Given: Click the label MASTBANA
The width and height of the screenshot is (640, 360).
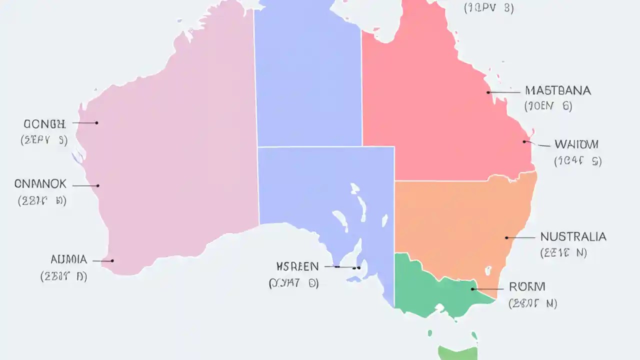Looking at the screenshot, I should tap(558, 91).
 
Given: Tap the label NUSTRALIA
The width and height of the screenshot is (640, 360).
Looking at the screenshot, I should tap(573, 237).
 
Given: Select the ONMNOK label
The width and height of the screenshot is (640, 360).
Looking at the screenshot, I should tap(40, 184).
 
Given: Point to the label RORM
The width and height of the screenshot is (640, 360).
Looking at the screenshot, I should tap(526, 287).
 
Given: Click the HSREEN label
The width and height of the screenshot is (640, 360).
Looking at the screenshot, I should tap(297, 266).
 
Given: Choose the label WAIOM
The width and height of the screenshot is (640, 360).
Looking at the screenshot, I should tap(576, 145).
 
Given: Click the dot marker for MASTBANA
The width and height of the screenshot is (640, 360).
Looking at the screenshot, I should tap(488, 92).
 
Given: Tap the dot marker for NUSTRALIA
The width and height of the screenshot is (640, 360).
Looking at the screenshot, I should tap(506, 238).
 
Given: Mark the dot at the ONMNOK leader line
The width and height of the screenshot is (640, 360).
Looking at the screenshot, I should tap(98, 186).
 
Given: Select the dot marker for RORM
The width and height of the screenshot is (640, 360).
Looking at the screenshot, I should tap(472, 289).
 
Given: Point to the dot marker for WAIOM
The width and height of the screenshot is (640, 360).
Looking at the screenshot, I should tap(524, 141).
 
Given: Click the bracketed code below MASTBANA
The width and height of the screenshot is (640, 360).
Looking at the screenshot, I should tap(548, 106).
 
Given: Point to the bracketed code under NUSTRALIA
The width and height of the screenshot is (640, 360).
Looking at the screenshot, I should tap(563, 253).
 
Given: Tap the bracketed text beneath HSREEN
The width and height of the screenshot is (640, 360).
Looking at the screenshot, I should tap(293, 283).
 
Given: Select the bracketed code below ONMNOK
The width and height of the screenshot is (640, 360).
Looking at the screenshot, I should tap(42, 201).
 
